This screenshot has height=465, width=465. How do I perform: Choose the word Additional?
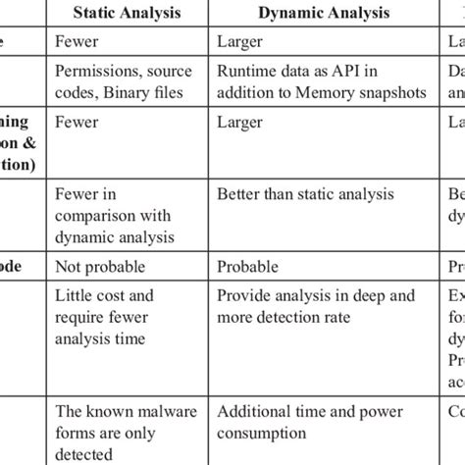(261, 413)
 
